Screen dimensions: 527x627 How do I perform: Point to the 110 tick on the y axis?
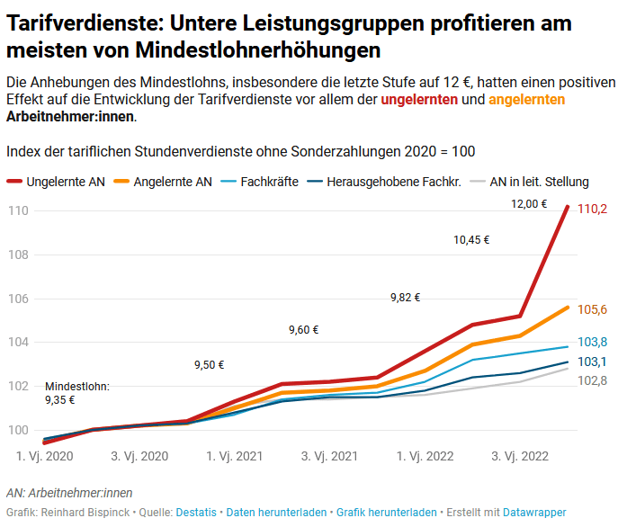coord(17,210)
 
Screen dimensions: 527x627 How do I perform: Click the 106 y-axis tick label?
coord(17,299)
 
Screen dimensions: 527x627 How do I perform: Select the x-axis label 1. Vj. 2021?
coord(235,457)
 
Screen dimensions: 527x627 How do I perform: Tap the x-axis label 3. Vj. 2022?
coord(520,457)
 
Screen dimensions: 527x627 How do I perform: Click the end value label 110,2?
coord(592,209)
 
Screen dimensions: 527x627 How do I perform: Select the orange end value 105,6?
coord(592,310)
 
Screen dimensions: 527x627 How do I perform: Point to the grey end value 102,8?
coord(592,381)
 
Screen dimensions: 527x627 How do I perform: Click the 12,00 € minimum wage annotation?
coord(529,203)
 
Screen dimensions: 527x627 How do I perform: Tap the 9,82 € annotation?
coord(405,298)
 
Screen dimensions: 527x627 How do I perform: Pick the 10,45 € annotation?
coord(471,240)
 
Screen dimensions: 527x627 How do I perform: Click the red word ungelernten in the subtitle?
coord(419,100)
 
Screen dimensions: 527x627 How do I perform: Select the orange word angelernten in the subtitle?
coord(527,100)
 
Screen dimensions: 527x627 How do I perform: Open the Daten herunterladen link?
coord(276,513)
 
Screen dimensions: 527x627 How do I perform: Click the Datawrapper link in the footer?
coord(534,513)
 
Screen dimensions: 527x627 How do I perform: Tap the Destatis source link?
coord(196,513)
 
